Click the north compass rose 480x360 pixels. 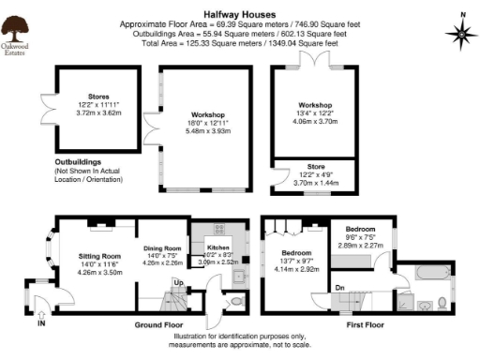(460, 34)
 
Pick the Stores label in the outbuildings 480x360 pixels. (98, 96)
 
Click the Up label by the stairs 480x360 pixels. (178, 281)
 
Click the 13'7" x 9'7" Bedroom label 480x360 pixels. (298, 253)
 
